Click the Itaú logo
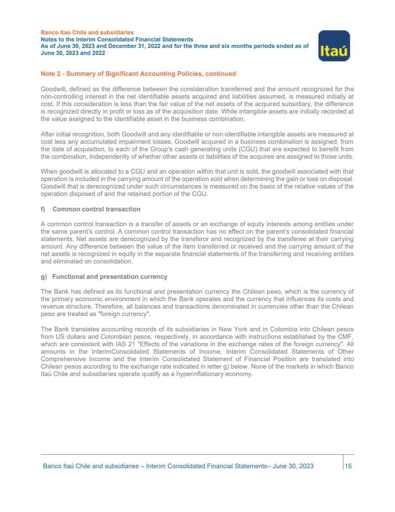click(x=334, y=46)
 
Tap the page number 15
click(x=348, y=466)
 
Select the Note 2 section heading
click(x=138, y=74)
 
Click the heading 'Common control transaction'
click(x=96, y=209)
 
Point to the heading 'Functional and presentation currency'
click(x=109, y=277)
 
